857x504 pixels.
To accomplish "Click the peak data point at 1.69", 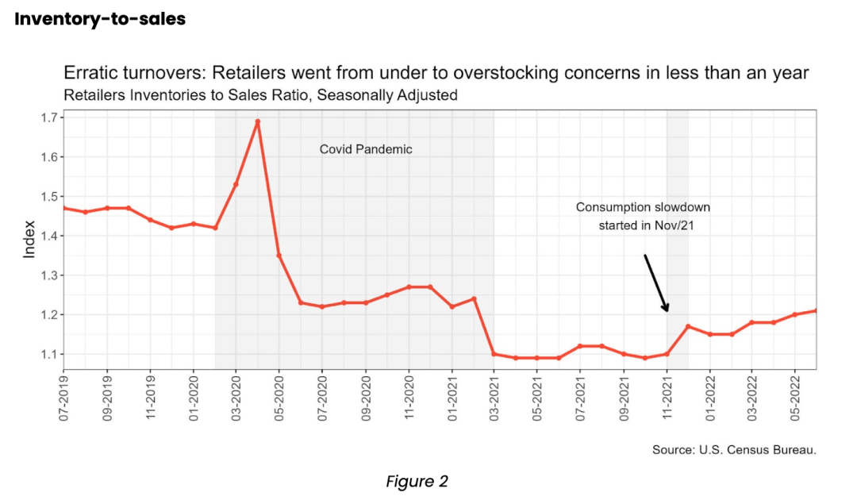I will tap(257, 121).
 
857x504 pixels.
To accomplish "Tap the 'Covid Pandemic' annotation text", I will tap(366, 149).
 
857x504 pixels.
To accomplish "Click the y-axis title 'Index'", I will tap(29, 239).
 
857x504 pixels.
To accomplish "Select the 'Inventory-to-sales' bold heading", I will tap(100, 19).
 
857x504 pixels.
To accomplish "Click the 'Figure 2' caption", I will tap(417, 481).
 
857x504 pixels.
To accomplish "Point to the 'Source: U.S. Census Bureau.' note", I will tap(734, 450).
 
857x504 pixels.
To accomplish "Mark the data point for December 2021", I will tap(688, 326).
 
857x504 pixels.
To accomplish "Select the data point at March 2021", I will tap(494, 354).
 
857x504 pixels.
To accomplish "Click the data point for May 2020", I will tap(279, 256).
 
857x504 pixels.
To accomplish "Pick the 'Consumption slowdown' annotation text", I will tap(643, 208).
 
